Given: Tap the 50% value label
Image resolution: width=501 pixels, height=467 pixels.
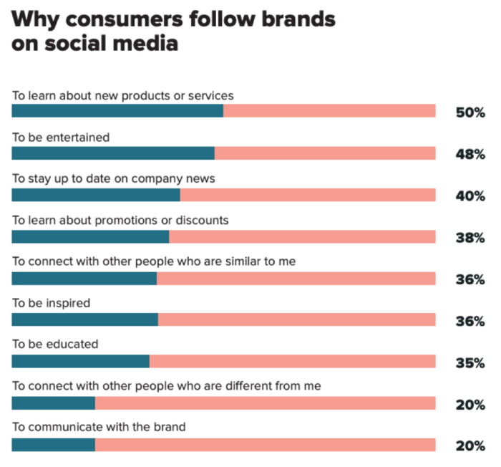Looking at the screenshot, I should (470, 112).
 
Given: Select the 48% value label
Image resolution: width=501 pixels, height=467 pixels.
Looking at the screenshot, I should (470, 154).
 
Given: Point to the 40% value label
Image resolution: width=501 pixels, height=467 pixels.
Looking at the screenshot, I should (470, 196).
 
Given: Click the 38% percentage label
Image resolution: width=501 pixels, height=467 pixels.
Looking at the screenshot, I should (470, 237).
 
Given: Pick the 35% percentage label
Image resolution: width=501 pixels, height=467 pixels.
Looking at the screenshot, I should (470, 362).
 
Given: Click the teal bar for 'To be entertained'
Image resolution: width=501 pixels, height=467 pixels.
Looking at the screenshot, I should (113, 153).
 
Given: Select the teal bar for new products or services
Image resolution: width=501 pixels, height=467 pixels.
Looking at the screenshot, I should (117, 110).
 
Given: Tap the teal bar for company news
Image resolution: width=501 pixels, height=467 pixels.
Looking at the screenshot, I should (96, 194).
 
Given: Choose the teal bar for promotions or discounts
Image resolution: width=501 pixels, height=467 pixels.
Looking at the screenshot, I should (90, 236).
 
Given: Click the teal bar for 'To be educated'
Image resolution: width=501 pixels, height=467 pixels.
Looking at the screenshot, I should (80, 361).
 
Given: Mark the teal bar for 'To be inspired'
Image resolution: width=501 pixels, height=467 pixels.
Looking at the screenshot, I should (84, 319).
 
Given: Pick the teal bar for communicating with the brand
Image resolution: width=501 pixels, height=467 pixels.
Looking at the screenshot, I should (54, 445).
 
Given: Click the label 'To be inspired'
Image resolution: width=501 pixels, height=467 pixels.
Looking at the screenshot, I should (51, 303).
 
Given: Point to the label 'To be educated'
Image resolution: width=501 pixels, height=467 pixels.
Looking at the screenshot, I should (55, 345).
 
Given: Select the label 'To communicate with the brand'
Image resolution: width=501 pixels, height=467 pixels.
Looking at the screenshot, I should (99, 428).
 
